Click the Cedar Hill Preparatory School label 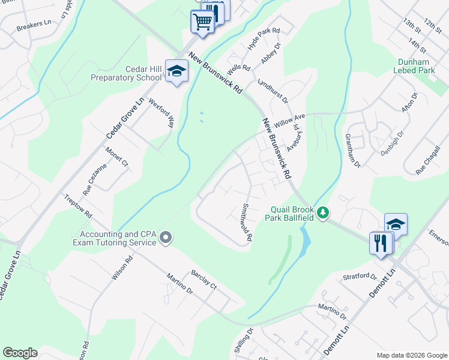126,73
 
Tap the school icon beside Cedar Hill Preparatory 177,72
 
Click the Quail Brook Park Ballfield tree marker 323,212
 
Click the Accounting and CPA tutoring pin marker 166,239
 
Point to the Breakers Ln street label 34,28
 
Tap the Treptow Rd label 79,206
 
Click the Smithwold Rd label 246,222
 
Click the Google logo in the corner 20,353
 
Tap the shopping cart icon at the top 202,22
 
